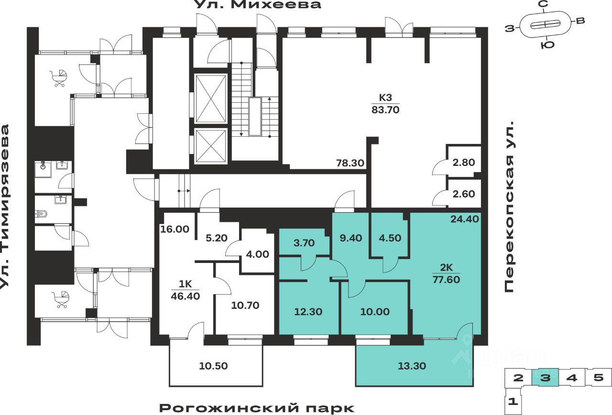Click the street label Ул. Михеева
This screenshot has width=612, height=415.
coord(258,4)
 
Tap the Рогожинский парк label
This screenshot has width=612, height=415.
coord(257,408)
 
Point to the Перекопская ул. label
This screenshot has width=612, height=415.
coord(509,207)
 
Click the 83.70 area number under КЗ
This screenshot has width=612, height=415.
coord(385,110)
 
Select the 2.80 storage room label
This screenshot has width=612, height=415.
coord(464,163)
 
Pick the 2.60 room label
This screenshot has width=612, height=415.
coord(464,194)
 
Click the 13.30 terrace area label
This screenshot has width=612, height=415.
coord(412,366)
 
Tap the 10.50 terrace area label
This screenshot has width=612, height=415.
coord(213,366)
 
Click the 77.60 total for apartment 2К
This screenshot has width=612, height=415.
coord(446,280)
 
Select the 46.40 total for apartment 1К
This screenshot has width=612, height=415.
coord(185,296)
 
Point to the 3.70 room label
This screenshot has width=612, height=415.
coord(304,242)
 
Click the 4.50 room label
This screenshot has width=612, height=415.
coord(390,238)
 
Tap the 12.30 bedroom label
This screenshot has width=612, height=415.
coord(308,312)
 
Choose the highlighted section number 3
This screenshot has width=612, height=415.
coord(546,378)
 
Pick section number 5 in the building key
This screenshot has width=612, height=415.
coord(598,377)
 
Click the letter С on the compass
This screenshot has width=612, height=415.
coord(544,4)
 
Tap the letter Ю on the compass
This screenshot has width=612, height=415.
coord(547,45)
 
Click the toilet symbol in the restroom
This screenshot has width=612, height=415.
coord(41,214)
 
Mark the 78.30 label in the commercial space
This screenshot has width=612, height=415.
coord(350,163)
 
